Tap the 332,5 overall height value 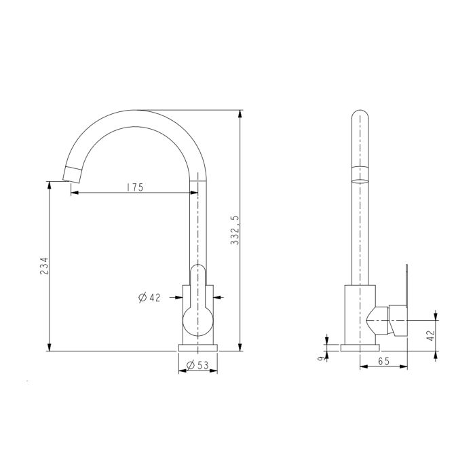(235, 230)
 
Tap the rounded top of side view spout (359, 117)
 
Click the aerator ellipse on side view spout (359, 182)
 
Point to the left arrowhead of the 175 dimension (74, 193)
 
